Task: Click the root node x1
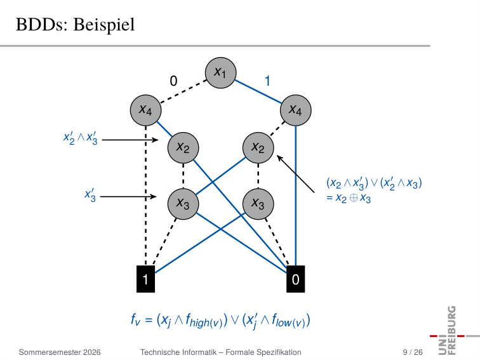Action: point(220,73)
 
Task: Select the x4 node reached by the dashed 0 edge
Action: point(146,110)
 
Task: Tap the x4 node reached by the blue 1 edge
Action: point(296,110)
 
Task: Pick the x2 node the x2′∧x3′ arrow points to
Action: point(183,148)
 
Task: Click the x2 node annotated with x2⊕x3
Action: point(258,148)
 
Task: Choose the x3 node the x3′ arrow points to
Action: point(183,204)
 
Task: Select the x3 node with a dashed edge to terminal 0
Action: point(258,204)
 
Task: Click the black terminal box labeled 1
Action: point(146,279)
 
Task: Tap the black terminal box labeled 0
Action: point(296,279)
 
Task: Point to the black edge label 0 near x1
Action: point(173,81)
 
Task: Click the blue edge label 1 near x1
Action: point(267,81)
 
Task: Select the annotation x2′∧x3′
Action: point(81,138)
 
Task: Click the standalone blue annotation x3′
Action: point(90,196)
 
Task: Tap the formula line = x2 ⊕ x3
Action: point(349,197)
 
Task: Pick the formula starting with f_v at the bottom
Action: point(220,321)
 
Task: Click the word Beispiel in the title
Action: point(104,25)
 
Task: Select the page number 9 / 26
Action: point(413,352)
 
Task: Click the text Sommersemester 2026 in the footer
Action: point(60,352)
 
